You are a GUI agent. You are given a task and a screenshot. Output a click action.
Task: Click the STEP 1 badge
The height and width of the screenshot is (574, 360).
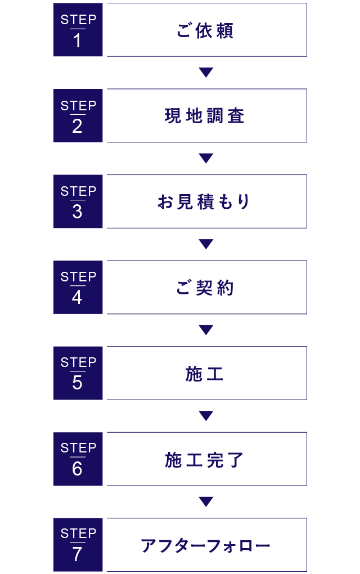[78, 30]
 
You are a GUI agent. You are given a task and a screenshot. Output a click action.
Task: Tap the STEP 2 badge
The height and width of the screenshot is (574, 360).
[78, 115]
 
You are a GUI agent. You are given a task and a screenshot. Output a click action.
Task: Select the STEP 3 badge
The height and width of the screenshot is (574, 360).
[78, 201]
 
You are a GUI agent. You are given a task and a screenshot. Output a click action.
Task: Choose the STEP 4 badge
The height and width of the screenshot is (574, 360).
[78, 287]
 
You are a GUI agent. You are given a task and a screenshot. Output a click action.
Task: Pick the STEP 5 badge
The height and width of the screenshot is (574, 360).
[78, 373]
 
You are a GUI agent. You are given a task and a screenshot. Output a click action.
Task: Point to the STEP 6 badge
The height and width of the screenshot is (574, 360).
[78, 459]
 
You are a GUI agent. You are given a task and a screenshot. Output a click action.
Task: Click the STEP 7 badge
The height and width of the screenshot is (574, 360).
[78, 544]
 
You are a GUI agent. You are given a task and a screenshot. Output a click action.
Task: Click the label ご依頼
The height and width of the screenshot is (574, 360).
[205, 30]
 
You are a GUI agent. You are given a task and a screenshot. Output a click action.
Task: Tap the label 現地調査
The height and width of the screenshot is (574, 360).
[205, 116]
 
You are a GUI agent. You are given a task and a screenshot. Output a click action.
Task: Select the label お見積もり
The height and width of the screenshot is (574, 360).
[205, 201]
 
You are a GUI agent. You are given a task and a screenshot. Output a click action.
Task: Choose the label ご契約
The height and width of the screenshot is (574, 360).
[205, 288]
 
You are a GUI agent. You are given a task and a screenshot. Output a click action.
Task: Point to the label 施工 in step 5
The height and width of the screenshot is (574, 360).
[205, 374]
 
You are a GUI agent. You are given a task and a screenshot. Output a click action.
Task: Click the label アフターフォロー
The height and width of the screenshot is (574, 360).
[205, 545]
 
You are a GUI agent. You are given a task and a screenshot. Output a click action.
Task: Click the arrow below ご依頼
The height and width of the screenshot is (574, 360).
[206, 73]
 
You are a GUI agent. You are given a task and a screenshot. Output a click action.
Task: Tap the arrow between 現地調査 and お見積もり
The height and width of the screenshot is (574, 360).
[206, 158]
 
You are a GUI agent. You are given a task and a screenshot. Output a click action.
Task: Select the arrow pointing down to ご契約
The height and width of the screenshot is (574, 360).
[206, 244]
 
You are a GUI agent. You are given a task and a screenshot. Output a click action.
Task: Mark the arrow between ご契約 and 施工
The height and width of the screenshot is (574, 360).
[206, 330]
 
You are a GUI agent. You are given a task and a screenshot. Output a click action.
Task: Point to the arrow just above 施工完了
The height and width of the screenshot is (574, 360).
[206, 416]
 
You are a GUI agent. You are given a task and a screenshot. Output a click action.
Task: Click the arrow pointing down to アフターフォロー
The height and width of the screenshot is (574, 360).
[206, 501]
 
